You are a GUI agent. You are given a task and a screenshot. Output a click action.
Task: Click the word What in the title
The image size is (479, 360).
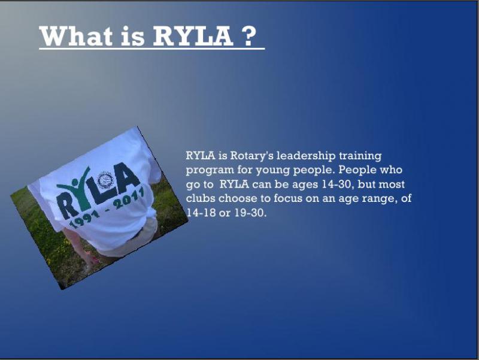(76, 35)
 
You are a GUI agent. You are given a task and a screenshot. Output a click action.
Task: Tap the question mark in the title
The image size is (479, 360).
(249, 35)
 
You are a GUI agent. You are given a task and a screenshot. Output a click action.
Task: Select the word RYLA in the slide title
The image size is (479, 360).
(192, 35)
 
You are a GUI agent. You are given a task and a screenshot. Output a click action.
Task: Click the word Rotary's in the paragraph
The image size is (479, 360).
(251, 156)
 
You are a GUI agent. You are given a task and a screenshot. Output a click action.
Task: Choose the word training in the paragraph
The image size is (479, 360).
(360, 156)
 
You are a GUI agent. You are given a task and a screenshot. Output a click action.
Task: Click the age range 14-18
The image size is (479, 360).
(201, 213)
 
